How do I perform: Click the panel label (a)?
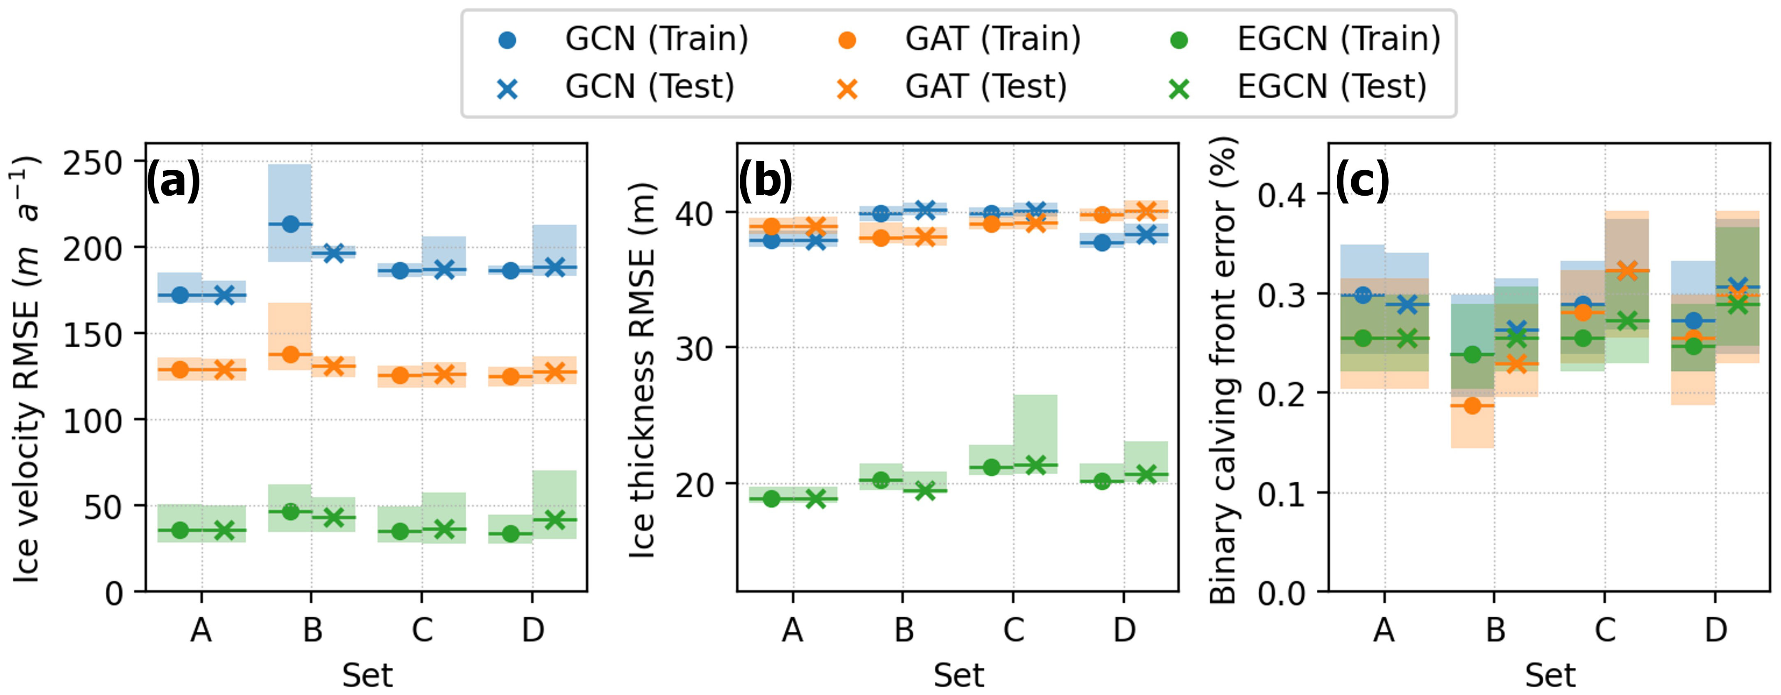[173, 181]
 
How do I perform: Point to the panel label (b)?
[765, 181]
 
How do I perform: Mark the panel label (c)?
[1361, 181]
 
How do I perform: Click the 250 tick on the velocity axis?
[92, 164]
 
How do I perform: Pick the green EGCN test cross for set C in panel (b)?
[1035, 465]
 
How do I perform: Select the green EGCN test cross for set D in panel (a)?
[554, 520]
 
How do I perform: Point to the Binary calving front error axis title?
[1223, 369]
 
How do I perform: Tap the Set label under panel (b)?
[958, 675]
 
